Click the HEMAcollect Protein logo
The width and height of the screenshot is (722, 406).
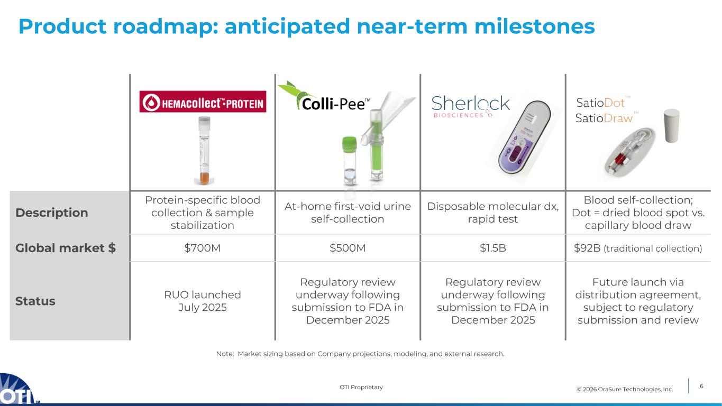(x=203, y=101)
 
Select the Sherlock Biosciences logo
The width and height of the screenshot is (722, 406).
(x=470, y=106)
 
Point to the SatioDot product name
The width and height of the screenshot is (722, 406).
(x=600, y=104)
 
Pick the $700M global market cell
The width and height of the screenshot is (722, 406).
(x=203, y=248)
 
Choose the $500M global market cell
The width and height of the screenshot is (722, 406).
(x=348, y=248)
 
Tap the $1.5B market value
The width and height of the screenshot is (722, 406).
(x=492, y=248)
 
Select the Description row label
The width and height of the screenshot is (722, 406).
(x=51, y=213)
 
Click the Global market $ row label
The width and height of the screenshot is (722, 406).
(x=66, y=248)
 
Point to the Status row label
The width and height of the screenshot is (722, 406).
(x=35, y=301)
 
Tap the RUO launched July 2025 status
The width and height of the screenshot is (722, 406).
(x=203, y=301)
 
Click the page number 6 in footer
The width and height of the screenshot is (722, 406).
(x=701, y=386)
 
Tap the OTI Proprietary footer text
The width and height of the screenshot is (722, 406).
(x=361, y=387)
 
